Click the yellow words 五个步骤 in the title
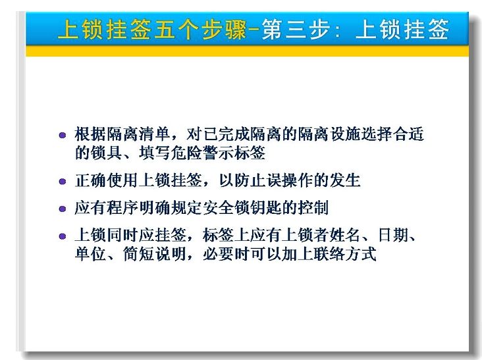pos(200,30)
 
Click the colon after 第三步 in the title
pos(338,31)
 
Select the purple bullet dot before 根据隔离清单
pos(63,135)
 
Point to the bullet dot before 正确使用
pos(63,182)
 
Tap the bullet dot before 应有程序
pos(63,209)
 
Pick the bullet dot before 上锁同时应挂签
pos(63,236)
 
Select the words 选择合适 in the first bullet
pos(393,134)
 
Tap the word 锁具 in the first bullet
pos(107,153)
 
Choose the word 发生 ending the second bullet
pos(345,180)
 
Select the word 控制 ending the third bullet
pos(313,208)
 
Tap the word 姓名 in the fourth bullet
pos(345,236)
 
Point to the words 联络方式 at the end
pos(345,254)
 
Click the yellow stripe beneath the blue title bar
pos(247,51)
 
